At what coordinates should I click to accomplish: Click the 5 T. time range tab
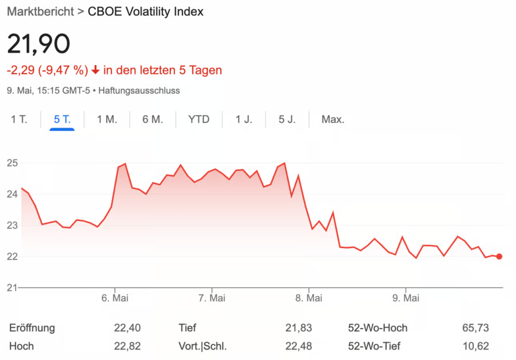pos(62,119)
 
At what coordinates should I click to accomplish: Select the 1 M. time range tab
pos(107,119)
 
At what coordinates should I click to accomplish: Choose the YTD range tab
pos(199,119)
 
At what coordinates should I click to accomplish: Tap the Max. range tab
pos(333,119)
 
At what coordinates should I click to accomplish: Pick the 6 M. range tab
pos(153,119)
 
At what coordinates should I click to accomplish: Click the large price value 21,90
pos(38,45)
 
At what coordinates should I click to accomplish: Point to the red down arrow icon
pos(96,70)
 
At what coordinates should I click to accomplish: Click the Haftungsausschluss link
pos(139,91)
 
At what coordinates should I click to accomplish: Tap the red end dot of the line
pos(499,256)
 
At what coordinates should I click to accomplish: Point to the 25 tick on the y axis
pos(12,163)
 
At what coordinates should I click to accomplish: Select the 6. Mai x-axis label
pos(115,298)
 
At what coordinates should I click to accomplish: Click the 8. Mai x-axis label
pos(308,298)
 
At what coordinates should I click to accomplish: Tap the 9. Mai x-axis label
pos(406,298)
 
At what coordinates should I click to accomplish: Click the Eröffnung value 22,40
pos(127,328)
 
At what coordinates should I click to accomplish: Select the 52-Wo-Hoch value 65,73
pos(475,328)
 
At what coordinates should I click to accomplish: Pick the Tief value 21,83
pos(299,328)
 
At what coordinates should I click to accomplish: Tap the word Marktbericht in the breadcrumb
pos(40,12)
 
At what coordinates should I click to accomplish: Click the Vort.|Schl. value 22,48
pos(299,346)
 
